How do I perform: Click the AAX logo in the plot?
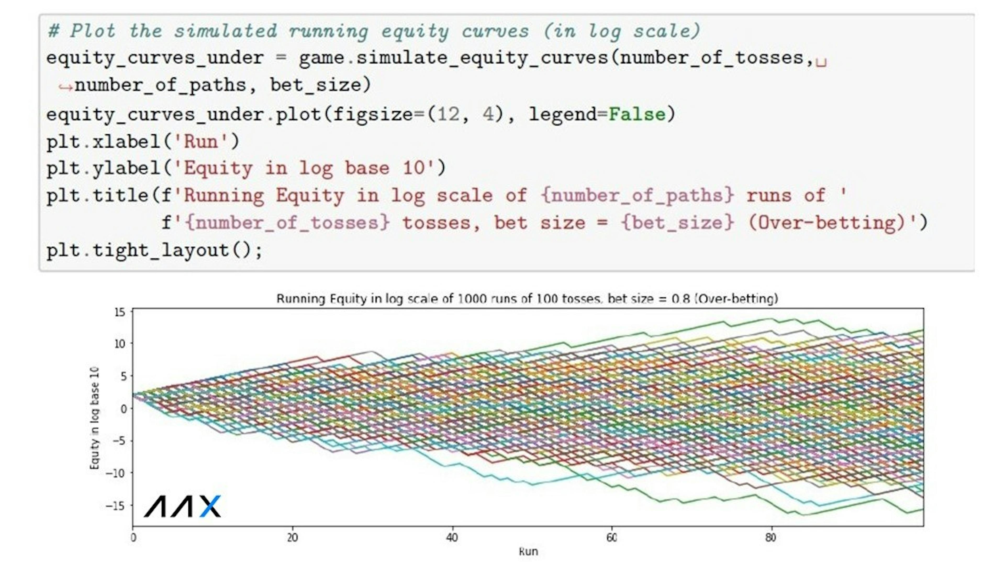[182, 506]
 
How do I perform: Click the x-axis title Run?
[528, 552]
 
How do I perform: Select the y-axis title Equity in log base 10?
[95, 418]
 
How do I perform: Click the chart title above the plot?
[527, 299]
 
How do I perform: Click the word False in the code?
[637, 114]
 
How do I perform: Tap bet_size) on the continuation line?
[320, 85]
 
